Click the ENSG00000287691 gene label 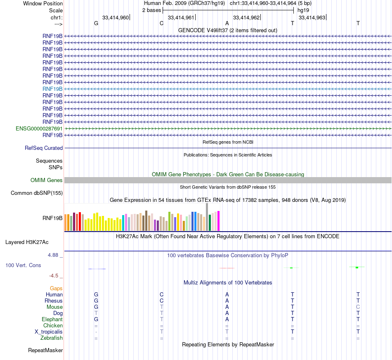click(x=39, y=128)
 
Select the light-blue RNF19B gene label click(x=52, y=89)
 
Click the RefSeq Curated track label click(x=44, y=148)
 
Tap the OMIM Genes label click(x=47, y=180)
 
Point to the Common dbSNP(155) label click(x=37, y=193)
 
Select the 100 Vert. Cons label click(x=23, y=265)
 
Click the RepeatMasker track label click(x=45, y=351)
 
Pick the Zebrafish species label click(x=52, y=338)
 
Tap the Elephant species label click(x=52, y=320)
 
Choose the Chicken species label click(x=53, y=326)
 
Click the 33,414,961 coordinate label click(x=181, y=17)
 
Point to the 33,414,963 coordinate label click(x=312, y=17)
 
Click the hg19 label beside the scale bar click(x=303, y=10)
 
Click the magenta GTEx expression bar click(x=219, y=221)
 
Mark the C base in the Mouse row click(x=358, y=307)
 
